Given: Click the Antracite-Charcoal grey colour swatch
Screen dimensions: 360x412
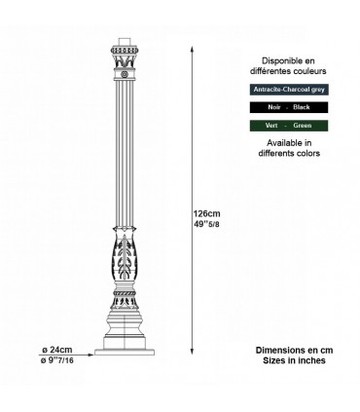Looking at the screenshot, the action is click(x=288, y=89).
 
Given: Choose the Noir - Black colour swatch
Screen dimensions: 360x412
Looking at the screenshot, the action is click(x=288, y=106).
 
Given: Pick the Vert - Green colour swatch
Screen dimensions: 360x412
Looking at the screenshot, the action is click(x=288, y=126).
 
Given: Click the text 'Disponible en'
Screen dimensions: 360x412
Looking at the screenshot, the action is click(x=288, y=59).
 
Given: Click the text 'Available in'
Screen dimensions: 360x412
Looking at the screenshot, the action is click(x=288, y=142).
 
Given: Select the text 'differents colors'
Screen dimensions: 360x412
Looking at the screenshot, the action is click(x=288, y=154).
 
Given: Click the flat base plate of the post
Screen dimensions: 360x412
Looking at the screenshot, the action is click(x=124, y=353).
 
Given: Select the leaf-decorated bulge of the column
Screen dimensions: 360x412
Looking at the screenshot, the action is click(x=124, y=268).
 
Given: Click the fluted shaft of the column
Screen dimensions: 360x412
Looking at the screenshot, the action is click(x=124, y=156).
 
